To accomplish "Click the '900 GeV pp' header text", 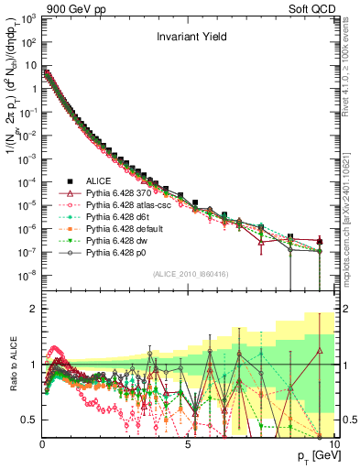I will coord(69,7).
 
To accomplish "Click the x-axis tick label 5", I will coord(187,444).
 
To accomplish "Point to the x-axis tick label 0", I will coord(42,444).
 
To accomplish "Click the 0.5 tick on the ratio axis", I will coord(31,420).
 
